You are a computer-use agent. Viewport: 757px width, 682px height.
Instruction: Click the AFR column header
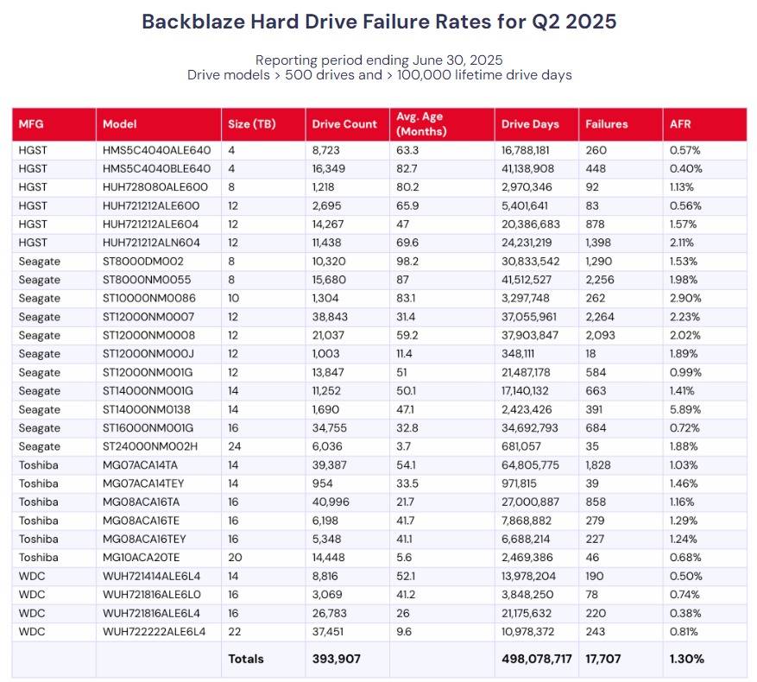click(680, 124)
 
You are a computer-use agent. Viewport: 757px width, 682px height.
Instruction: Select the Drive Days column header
click(530, 124)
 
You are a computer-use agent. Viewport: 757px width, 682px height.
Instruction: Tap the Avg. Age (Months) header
click(421, 124)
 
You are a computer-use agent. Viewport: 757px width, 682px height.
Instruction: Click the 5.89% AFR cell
click(685, 409)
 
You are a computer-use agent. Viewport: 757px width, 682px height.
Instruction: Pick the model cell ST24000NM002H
click(150, 446)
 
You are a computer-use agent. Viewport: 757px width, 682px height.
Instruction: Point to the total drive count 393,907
click(336, 659)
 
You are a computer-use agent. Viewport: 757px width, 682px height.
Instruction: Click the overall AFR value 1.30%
click(686, 659)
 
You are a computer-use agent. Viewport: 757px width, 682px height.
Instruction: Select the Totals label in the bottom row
click(246, 659)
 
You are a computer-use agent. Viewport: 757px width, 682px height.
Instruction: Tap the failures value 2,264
click(600, 317)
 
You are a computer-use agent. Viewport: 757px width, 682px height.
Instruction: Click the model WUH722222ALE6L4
click(154, 631)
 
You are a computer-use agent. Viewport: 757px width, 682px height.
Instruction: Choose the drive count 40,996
click(331, 502)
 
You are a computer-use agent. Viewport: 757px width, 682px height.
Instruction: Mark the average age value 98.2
click(407, 262)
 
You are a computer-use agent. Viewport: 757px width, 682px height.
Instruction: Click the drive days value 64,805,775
click(530, 465)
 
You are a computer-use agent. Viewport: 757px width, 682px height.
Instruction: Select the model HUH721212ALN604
click(151, 243)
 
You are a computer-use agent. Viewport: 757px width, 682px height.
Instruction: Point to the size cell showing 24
click(234, 446)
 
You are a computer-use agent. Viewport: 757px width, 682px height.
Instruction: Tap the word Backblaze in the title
click(193, 22)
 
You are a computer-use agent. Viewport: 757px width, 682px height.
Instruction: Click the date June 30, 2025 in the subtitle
click(457, 60)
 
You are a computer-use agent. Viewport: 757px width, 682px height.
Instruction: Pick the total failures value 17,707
click(603, 659)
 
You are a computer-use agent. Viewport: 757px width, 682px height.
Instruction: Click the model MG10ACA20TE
click(141, 558)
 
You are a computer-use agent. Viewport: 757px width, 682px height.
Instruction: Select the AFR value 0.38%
click(685, 613)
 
